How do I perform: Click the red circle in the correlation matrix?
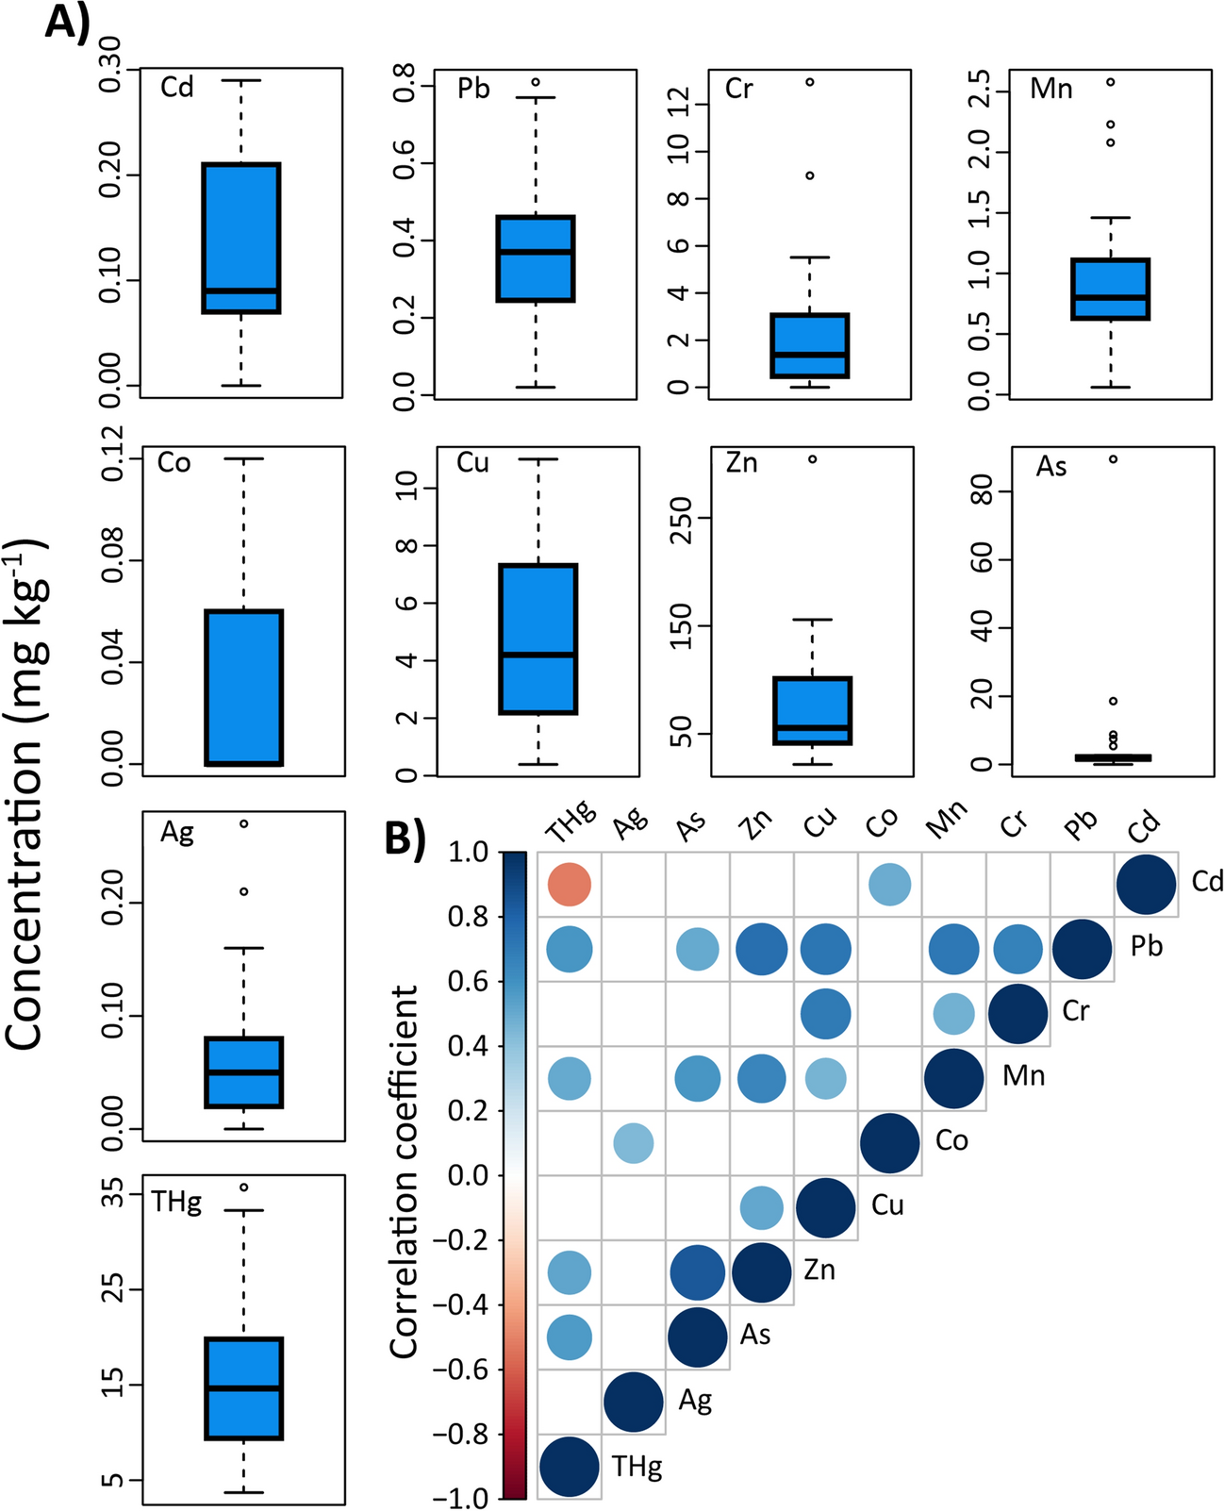tap(570, 885)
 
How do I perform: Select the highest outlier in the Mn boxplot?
tap(1111, 82)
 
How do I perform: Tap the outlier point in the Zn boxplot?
tap(812, 459)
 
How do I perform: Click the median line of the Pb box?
tap(536, 252)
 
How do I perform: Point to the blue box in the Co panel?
tap(244, 688)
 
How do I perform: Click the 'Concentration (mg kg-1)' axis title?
tap(28, 792)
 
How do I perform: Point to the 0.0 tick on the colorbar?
tap(469, 1175)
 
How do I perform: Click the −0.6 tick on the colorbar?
tap(461, 1370)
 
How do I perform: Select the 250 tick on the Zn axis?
tap(681, 518)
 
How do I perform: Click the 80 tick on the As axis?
tap(982, 491)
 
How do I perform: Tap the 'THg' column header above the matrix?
tap(571, 822)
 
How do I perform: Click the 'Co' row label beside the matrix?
tap(951, 1141)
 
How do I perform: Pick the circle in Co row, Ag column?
tap(633, 1143)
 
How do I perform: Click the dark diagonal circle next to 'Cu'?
tap(826, 1207)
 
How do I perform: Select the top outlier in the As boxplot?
tap(1113, 459)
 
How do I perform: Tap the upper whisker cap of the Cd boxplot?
tap(241, 81)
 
